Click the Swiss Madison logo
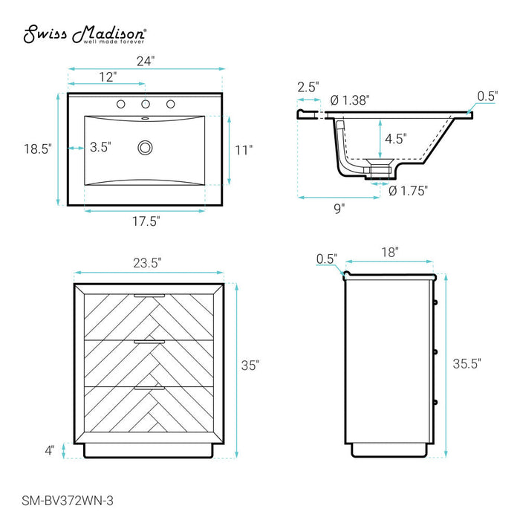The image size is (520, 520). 85,34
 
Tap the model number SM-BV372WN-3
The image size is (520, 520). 68,501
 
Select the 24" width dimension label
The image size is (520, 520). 146,62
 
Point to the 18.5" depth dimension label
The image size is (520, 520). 38,149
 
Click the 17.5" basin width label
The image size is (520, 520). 146,221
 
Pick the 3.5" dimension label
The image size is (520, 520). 100,147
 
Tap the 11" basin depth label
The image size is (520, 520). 244,150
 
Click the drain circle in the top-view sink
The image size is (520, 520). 146,148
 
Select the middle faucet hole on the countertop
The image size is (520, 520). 146,104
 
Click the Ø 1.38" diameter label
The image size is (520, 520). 350,100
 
